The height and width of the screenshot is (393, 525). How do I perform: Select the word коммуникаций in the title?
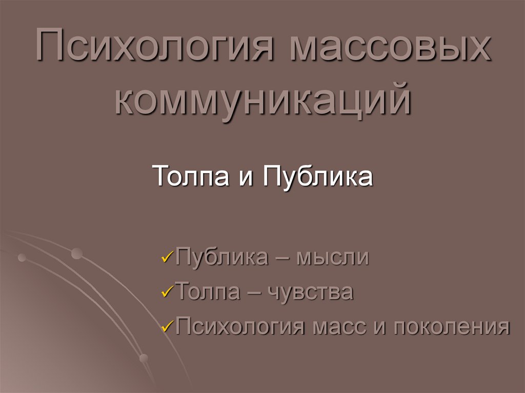click(x=262, y=100)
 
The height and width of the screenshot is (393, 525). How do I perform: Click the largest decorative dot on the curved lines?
click(x=77, y=253)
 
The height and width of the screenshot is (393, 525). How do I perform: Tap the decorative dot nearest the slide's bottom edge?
click(x=144, y=358)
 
